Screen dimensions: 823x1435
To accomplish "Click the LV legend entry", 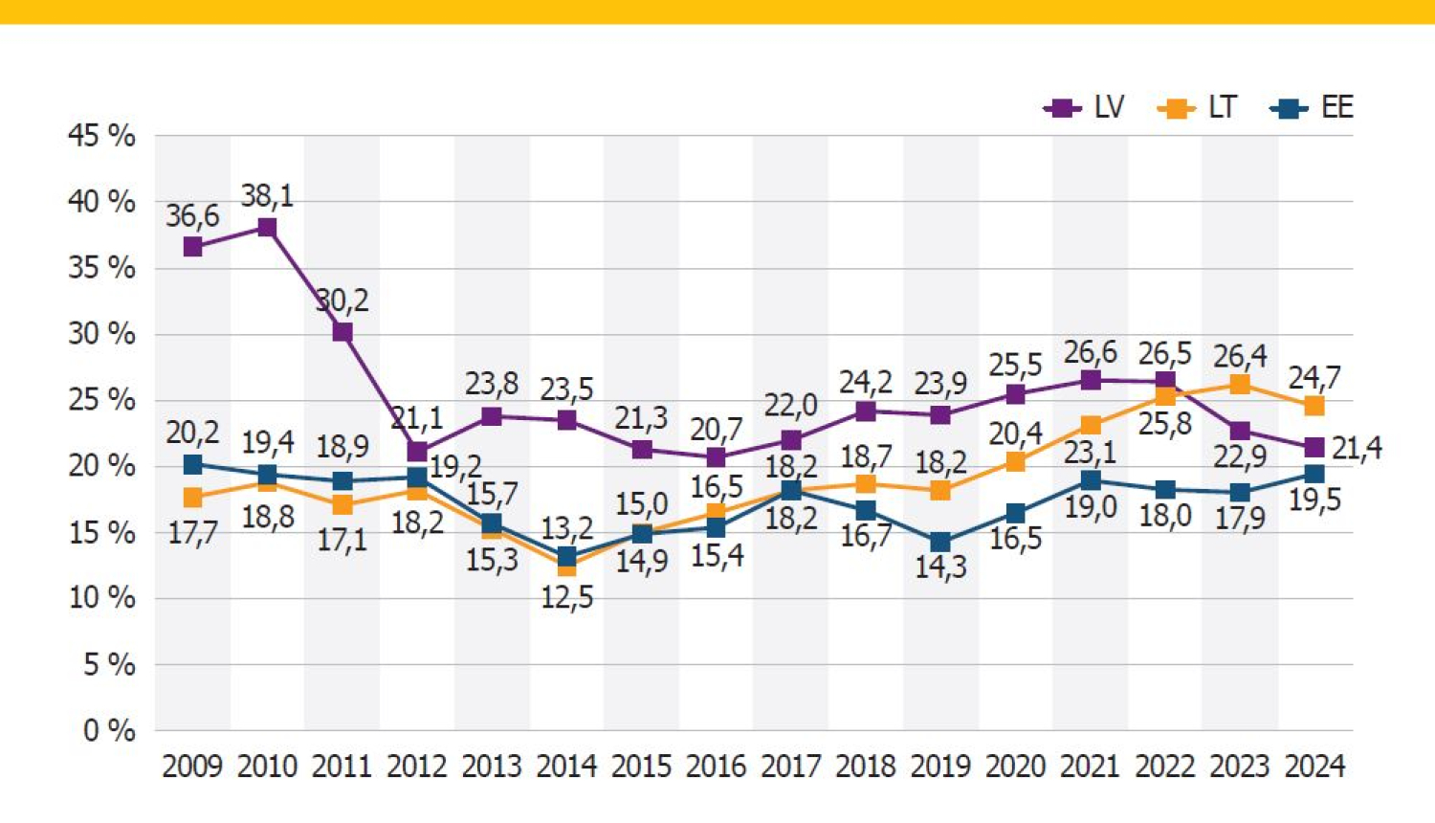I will (1085, 107).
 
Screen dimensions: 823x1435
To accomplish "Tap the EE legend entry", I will (1312, 107).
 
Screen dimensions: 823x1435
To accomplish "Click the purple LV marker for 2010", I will (267, 228).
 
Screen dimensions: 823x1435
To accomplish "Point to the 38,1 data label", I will (267, 196).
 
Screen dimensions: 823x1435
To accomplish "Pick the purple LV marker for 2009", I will (192, 247).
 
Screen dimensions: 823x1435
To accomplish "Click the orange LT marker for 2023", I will (1240, 385).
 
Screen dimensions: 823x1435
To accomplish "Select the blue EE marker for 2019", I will (940, 543).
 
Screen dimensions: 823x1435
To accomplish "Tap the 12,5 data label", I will (566, 597).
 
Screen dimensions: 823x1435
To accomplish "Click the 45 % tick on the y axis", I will (101, 136).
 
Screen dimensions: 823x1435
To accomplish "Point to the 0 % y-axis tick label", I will (109, 730).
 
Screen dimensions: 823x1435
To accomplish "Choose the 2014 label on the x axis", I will (566, 767).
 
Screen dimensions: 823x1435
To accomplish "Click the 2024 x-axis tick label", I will (1314, 767).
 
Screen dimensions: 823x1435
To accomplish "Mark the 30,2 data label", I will (342, 300).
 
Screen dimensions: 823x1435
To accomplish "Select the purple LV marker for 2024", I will (1314, 448).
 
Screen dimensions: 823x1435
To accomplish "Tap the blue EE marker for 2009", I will (192, 465).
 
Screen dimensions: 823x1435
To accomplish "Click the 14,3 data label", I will (940, 567).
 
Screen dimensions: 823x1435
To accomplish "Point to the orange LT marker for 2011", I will (342, 505).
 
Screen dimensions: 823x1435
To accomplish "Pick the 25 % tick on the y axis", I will (101, 400).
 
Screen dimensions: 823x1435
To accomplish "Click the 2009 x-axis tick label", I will (192, 767).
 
